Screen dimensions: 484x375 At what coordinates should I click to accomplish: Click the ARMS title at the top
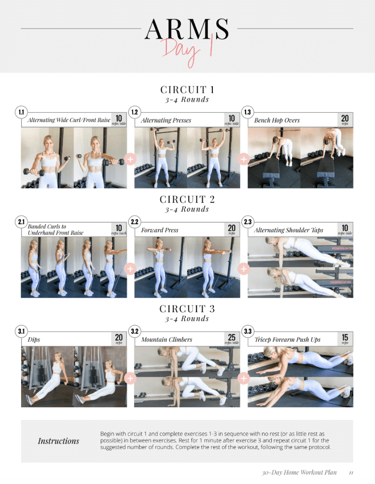[x=187, y=29]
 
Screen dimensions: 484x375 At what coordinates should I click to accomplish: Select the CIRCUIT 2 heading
[x=187, y=199]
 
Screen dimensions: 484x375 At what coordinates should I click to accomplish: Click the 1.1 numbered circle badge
[x=22, y=112]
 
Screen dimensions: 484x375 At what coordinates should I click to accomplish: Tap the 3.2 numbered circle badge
[x=135, y=332]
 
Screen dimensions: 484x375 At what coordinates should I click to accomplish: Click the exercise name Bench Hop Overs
[x=277, y=120]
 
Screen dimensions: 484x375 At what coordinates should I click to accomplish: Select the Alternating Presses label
[x=166, y=120]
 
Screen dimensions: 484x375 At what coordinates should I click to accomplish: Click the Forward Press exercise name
[x=160, y=230]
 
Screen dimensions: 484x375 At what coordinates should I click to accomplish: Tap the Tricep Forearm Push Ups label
[x=287, y=340]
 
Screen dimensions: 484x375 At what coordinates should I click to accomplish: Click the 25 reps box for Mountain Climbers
[x=232, y=339]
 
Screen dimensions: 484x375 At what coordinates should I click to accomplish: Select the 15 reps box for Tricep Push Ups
[x=345, y=339]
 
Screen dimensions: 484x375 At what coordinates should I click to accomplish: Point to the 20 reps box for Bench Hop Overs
[x=345, y=120]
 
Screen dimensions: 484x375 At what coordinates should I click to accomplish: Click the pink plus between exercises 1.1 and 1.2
[x=130, y=159]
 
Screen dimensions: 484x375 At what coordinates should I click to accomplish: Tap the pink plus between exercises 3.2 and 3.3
[x=244, y=378]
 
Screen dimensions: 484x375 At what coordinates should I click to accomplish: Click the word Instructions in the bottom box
[x=59, y=441]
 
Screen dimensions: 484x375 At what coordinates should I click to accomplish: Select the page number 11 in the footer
[x=351, y=472]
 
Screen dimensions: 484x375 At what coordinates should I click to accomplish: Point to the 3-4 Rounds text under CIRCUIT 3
[x=187, y=319]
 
